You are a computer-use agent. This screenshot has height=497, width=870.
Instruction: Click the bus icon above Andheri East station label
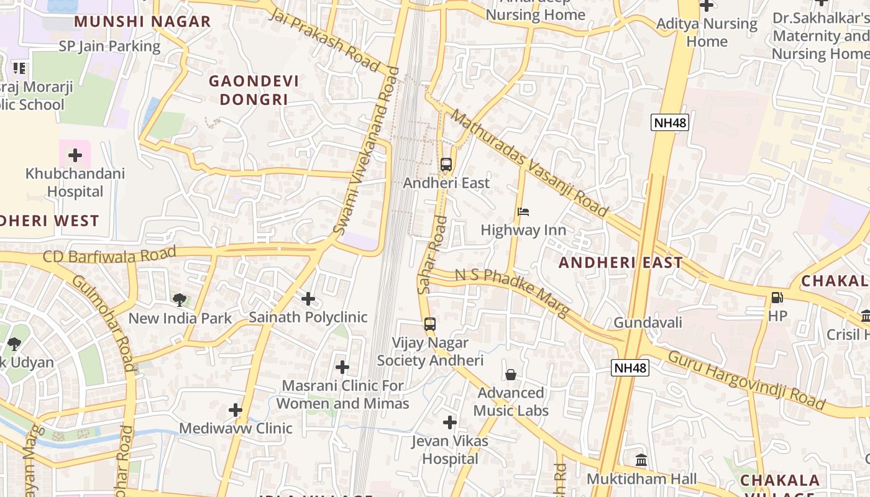pos(446,165)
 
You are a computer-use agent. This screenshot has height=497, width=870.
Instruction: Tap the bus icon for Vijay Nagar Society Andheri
pos(429,324)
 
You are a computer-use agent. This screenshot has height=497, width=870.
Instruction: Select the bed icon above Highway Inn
pos(523,212)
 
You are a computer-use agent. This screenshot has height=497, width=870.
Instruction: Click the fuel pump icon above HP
pos(777,298)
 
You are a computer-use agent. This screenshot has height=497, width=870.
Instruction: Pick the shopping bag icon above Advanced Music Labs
pos(511,374)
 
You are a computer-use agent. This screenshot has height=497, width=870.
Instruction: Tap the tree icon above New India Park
pos(180,300)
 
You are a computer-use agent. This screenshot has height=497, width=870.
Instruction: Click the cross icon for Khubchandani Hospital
pos(75,155)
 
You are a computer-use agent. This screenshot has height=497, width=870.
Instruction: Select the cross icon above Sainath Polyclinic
pos(308,299)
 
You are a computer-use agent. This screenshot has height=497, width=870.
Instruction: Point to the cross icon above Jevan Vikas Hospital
pos(450,423)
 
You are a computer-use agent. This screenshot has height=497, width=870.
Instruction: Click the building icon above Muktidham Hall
pos(641,460)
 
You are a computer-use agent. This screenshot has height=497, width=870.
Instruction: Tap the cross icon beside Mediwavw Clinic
pos(236,410)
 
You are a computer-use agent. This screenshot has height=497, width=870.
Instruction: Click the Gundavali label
pos(648,322)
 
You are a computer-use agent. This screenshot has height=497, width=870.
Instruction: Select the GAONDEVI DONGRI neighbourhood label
pos(254,90)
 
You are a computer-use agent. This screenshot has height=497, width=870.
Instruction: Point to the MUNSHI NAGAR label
pos(143,22)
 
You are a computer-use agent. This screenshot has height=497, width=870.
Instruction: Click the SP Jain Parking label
pos(109,46)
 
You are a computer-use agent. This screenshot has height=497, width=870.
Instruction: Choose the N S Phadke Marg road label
pos(512,293)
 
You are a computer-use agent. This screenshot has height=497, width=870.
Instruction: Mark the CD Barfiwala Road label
pos(109,255)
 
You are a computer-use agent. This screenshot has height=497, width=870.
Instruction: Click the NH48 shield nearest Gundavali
pos(630,368)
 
